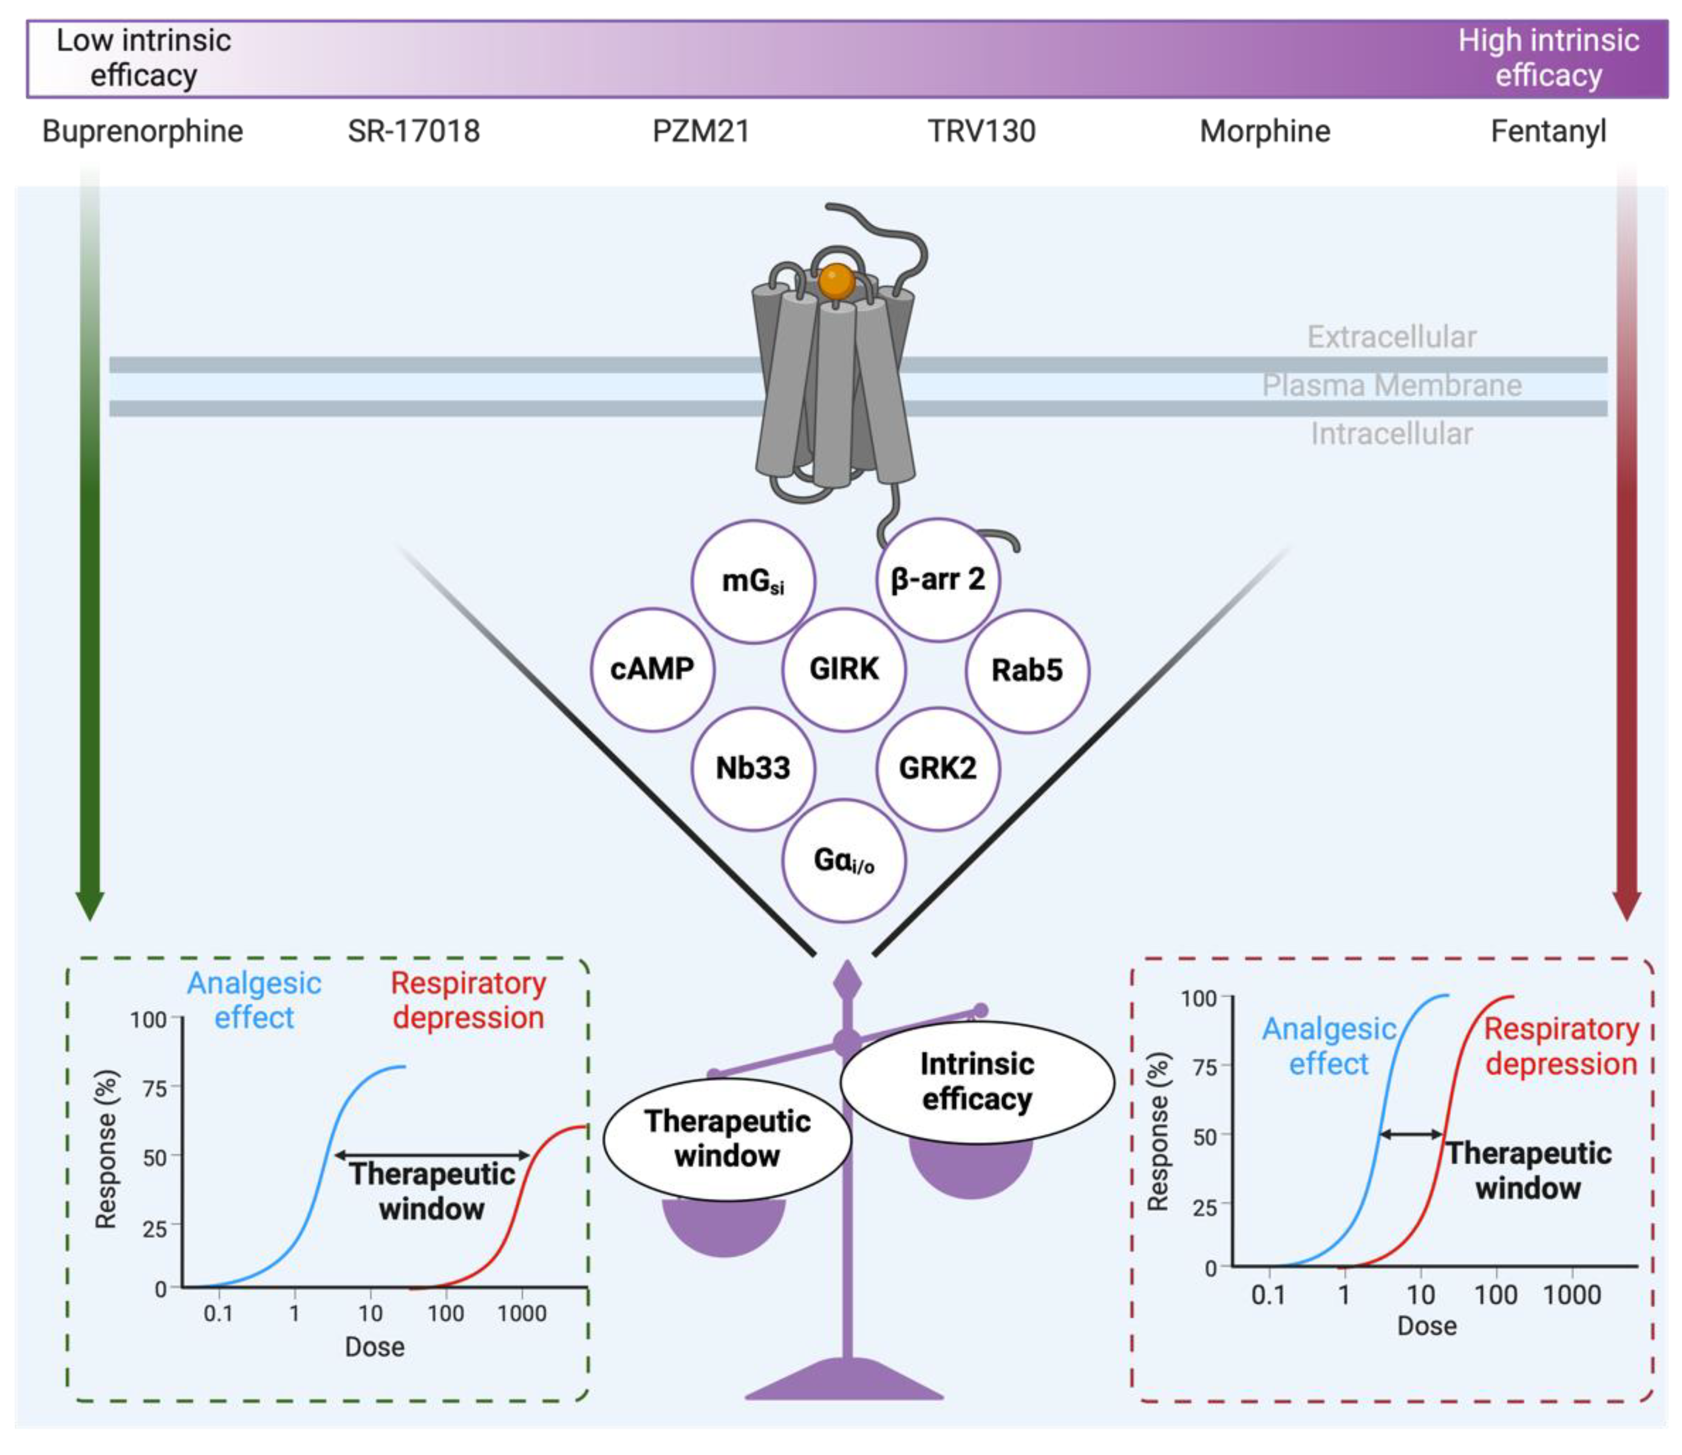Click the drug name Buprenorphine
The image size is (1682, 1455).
coord(143,131)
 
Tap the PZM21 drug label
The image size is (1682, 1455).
coord(701,131)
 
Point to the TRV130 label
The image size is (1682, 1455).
coord(981,131)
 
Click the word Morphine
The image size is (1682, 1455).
coord(1265,131)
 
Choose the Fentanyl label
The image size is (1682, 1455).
coord(1548,131)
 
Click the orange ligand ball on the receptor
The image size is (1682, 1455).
coord(836,281)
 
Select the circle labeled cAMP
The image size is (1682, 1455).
coord(652,669)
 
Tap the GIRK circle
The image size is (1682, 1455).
coord(844,669)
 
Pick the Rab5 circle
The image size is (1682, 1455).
coord(1027,671)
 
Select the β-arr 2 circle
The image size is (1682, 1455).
coord(938,579)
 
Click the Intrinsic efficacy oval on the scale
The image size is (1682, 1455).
coord(977,1081)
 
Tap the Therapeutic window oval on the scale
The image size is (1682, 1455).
coord(728,1138)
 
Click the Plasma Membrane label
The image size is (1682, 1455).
coord(1391,385)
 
